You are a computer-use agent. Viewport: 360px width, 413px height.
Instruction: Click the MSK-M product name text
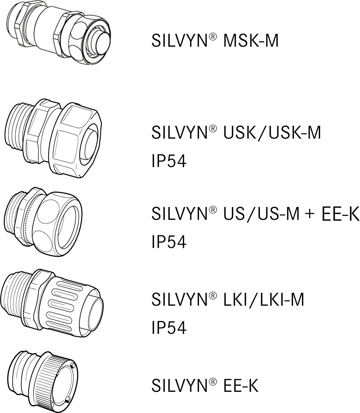pyautogui.click(x=251, y=41)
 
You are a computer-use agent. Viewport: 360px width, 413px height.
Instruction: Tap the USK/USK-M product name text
pyautogui.click(x=272, y=133)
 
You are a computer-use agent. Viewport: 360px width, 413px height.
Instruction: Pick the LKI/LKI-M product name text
pyautogui.click(x=264, y=300)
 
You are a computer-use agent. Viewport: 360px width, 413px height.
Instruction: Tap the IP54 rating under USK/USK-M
pyautogui.click(x=169, y=161)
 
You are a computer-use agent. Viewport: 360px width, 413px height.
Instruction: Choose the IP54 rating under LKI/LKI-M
pyautogui.click(x=169, y=328)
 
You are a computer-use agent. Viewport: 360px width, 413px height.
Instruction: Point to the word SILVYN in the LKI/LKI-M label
pyautogui.click(x=179, y=300)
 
